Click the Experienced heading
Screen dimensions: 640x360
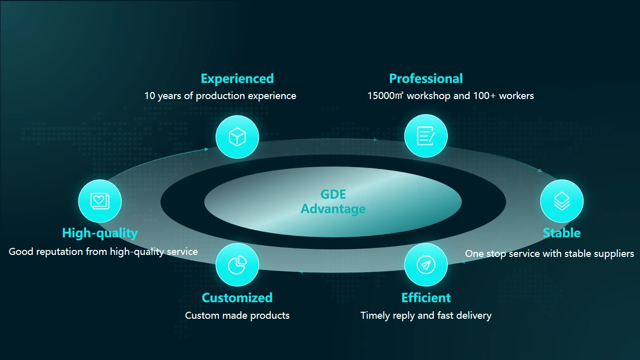237,78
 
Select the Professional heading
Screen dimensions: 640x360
426,78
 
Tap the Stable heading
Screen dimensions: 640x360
562,233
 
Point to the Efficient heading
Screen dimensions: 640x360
426,298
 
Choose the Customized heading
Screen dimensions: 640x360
237,298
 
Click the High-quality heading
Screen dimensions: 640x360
100,233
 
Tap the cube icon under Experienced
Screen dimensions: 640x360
237,137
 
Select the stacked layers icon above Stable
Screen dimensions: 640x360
562,201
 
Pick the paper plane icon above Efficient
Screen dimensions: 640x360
426,265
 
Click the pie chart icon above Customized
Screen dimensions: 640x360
237,265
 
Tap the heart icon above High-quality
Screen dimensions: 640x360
100,201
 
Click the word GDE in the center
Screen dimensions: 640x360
333,195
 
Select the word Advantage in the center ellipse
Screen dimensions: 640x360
333,209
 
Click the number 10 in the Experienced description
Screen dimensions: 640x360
149,96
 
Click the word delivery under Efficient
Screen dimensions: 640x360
472,316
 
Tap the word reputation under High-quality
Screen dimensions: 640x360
59,251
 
